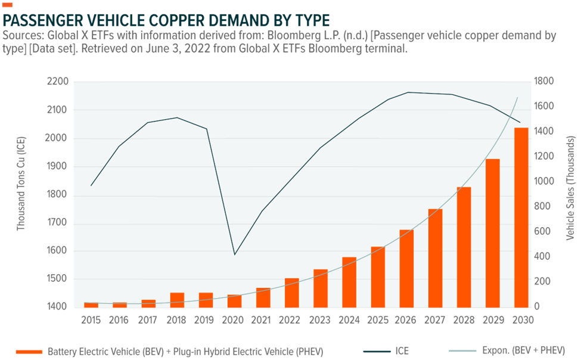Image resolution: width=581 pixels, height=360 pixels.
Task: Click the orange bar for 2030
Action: [521, 218]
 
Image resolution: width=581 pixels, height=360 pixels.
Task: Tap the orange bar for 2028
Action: [464, 247]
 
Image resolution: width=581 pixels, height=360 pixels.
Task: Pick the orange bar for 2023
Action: [321, 288]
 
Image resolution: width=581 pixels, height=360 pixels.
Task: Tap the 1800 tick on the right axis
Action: [545, 82]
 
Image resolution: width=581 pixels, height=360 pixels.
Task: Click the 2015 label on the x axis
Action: [91, 320]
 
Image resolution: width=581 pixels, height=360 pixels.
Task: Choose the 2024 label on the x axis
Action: [349, 320]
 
